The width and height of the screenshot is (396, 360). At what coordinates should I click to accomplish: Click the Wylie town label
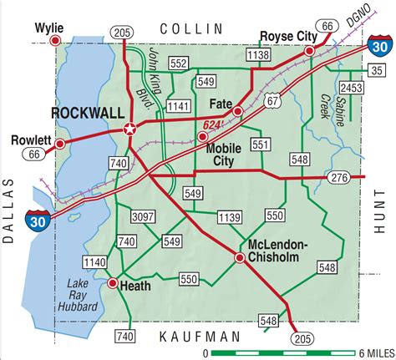[48, 26]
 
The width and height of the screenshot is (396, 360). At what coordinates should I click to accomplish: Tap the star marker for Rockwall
[129, 129]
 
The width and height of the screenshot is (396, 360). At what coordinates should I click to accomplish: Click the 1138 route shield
[259, 54]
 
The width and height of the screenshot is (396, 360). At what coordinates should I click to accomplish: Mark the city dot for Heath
[113, 283]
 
